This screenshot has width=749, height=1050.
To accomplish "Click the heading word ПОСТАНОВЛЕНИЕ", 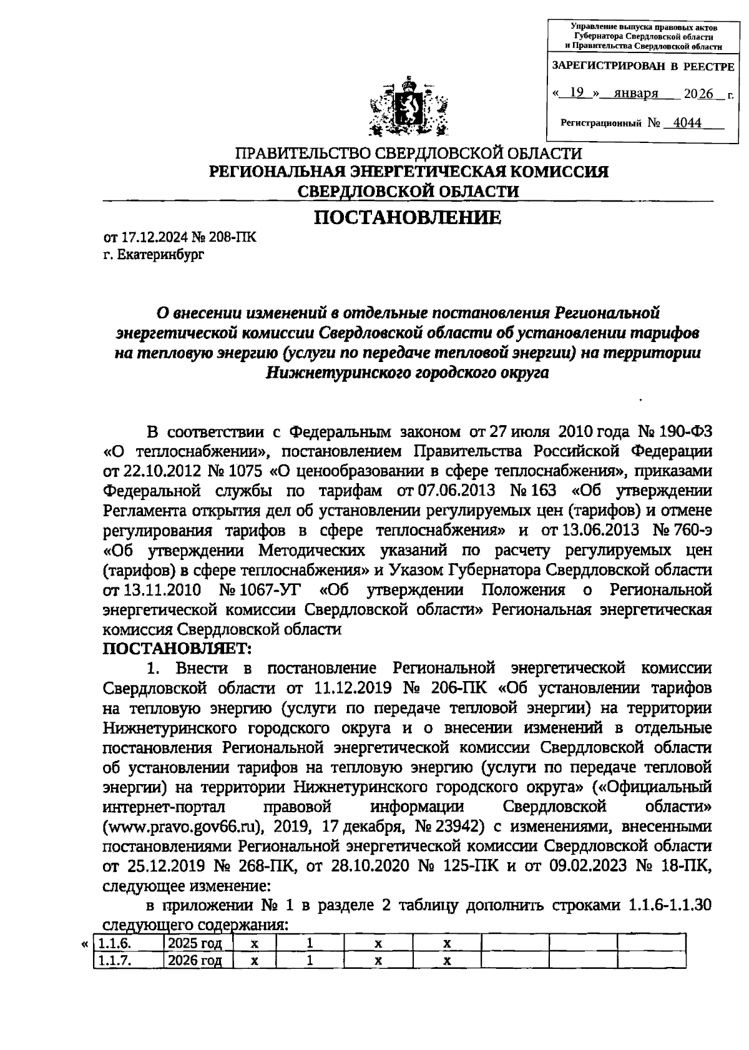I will tap(407, 218).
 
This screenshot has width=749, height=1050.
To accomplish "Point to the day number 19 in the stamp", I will tap(577, 93).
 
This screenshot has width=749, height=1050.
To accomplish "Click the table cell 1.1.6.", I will tap(116, 943).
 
